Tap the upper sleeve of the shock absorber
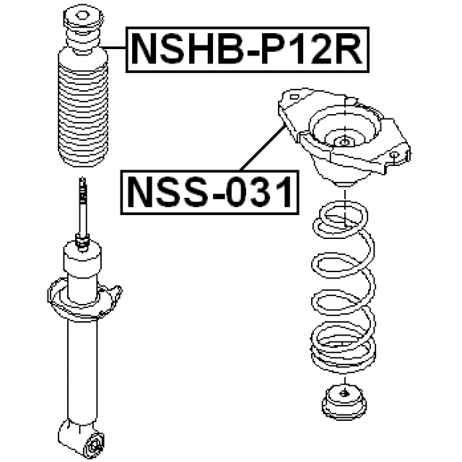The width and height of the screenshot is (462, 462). tap(83, 267)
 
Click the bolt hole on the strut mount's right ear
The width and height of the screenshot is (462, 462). tap(395, 154)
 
